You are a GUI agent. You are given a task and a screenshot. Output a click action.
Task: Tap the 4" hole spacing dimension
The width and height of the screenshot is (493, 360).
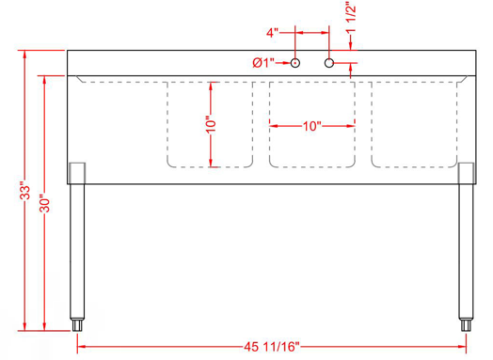(x=272, y=34)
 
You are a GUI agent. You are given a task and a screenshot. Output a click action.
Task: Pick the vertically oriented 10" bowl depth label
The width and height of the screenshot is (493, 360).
(x=210, y=123)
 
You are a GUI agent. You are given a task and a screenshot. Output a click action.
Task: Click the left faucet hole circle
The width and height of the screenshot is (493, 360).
(x=295, y=63)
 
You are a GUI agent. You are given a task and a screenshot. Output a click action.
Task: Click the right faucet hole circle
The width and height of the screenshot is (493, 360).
(x=329, y=63)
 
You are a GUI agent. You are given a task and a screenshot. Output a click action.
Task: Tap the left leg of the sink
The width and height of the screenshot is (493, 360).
(x=77, y=249)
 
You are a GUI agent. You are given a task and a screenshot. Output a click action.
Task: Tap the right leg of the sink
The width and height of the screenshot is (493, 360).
(x=466, y=249)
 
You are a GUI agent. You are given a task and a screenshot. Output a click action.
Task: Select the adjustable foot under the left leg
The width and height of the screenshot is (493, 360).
(x=77, y=325)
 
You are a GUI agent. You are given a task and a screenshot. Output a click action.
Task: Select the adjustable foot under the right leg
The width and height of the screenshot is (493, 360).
(x=466, y=325)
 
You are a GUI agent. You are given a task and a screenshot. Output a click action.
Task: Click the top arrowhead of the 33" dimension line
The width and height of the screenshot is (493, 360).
(x=25, y=54)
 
